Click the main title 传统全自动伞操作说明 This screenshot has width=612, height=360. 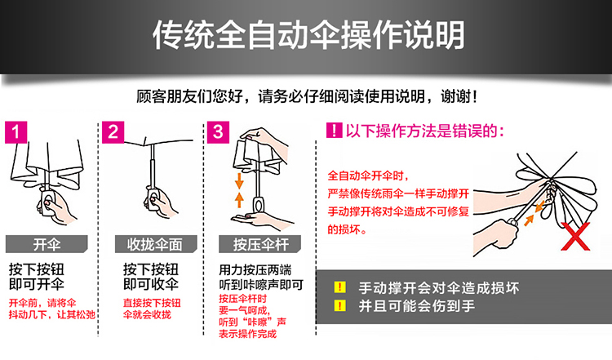[x=308, y=35]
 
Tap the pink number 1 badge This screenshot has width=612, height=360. [x=16, y=132]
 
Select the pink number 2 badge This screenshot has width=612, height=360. [x=113, y=132]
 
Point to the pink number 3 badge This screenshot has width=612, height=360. [x=218, y=132]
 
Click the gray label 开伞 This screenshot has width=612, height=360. [x=47, y=244]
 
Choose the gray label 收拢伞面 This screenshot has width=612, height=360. [x=155, y=244]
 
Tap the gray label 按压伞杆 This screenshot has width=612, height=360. [x=260, y=244]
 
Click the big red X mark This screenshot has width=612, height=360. [x=575, y=235]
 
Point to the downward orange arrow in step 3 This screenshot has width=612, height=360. [x=239, y=180]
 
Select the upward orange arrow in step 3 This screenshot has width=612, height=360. [x=239, y=199]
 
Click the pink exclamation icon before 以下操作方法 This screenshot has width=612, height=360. [x=334, y=131]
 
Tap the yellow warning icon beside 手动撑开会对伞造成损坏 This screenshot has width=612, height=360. [x=340, y=287]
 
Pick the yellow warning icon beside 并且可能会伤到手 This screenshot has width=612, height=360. [x=340, y=305]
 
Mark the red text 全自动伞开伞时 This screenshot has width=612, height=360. [x=368, y=176]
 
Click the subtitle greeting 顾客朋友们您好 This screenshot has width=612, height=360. [x=189, y=96]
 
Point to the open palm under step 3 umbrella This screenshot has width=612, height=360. [x=261, y=220]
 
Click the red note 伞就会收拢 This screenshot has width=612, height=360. [x=147, y=314]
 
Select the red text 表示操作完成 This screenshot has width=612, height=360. [x=247, y=334]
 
